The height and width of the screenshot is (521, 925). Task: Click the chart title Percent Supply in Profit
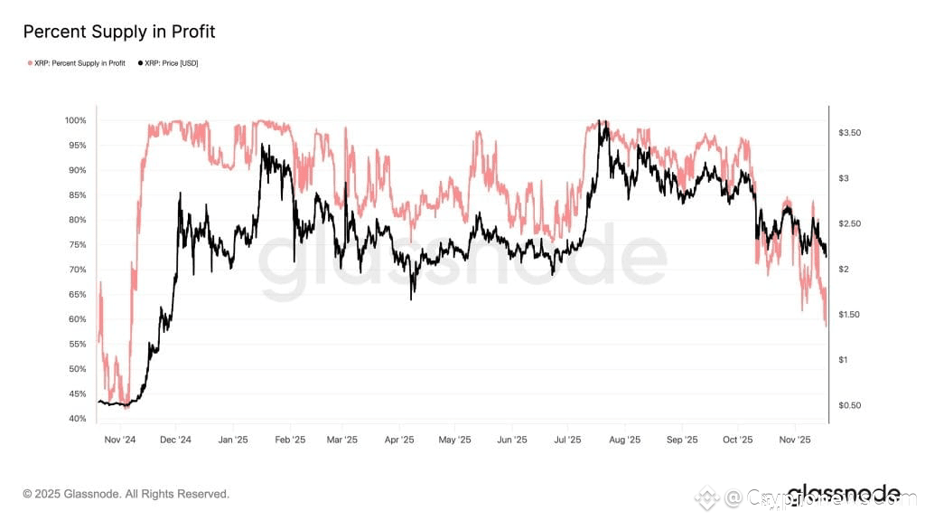[x=119, y=32]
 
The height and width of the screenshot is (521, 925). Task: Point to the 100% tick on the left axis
[x=75, y=120]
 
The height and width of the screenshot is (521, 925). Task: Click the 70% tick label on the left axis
[x=77, y=270]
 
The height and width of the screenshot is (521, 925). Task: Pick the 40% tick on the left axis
[x=77, y=419]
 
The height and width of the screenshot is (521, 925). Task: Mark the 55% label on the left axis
[x=77, y=345]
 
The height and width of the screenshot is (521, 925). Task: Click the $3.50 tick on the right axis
[x=850, y=133]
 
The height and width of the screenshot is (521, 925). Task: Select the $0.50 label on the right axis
[x=850, y=405]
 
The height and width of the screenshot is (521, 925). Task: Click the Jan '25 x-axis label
[x=233, y=440]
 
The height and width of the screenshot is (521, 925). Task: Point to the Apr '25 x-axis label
[x=399, y=440]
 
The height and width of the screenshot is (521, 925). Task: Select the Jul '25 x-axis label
[x=567, y=440]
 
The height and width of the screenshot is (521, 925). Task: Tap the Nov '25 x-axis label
[x=794, y=440]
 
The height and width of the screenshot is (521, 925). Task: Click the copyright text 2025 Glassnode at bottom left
[x=126, y=494]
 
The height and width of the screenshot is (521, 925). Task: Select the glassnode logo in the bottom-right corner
[x=843, y=494]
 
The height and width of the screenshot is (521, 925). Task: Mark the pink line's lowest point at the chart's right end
[x=826, y=326]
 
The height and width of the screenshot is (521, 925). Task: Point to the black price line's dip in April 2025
[x=412, y=298]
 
